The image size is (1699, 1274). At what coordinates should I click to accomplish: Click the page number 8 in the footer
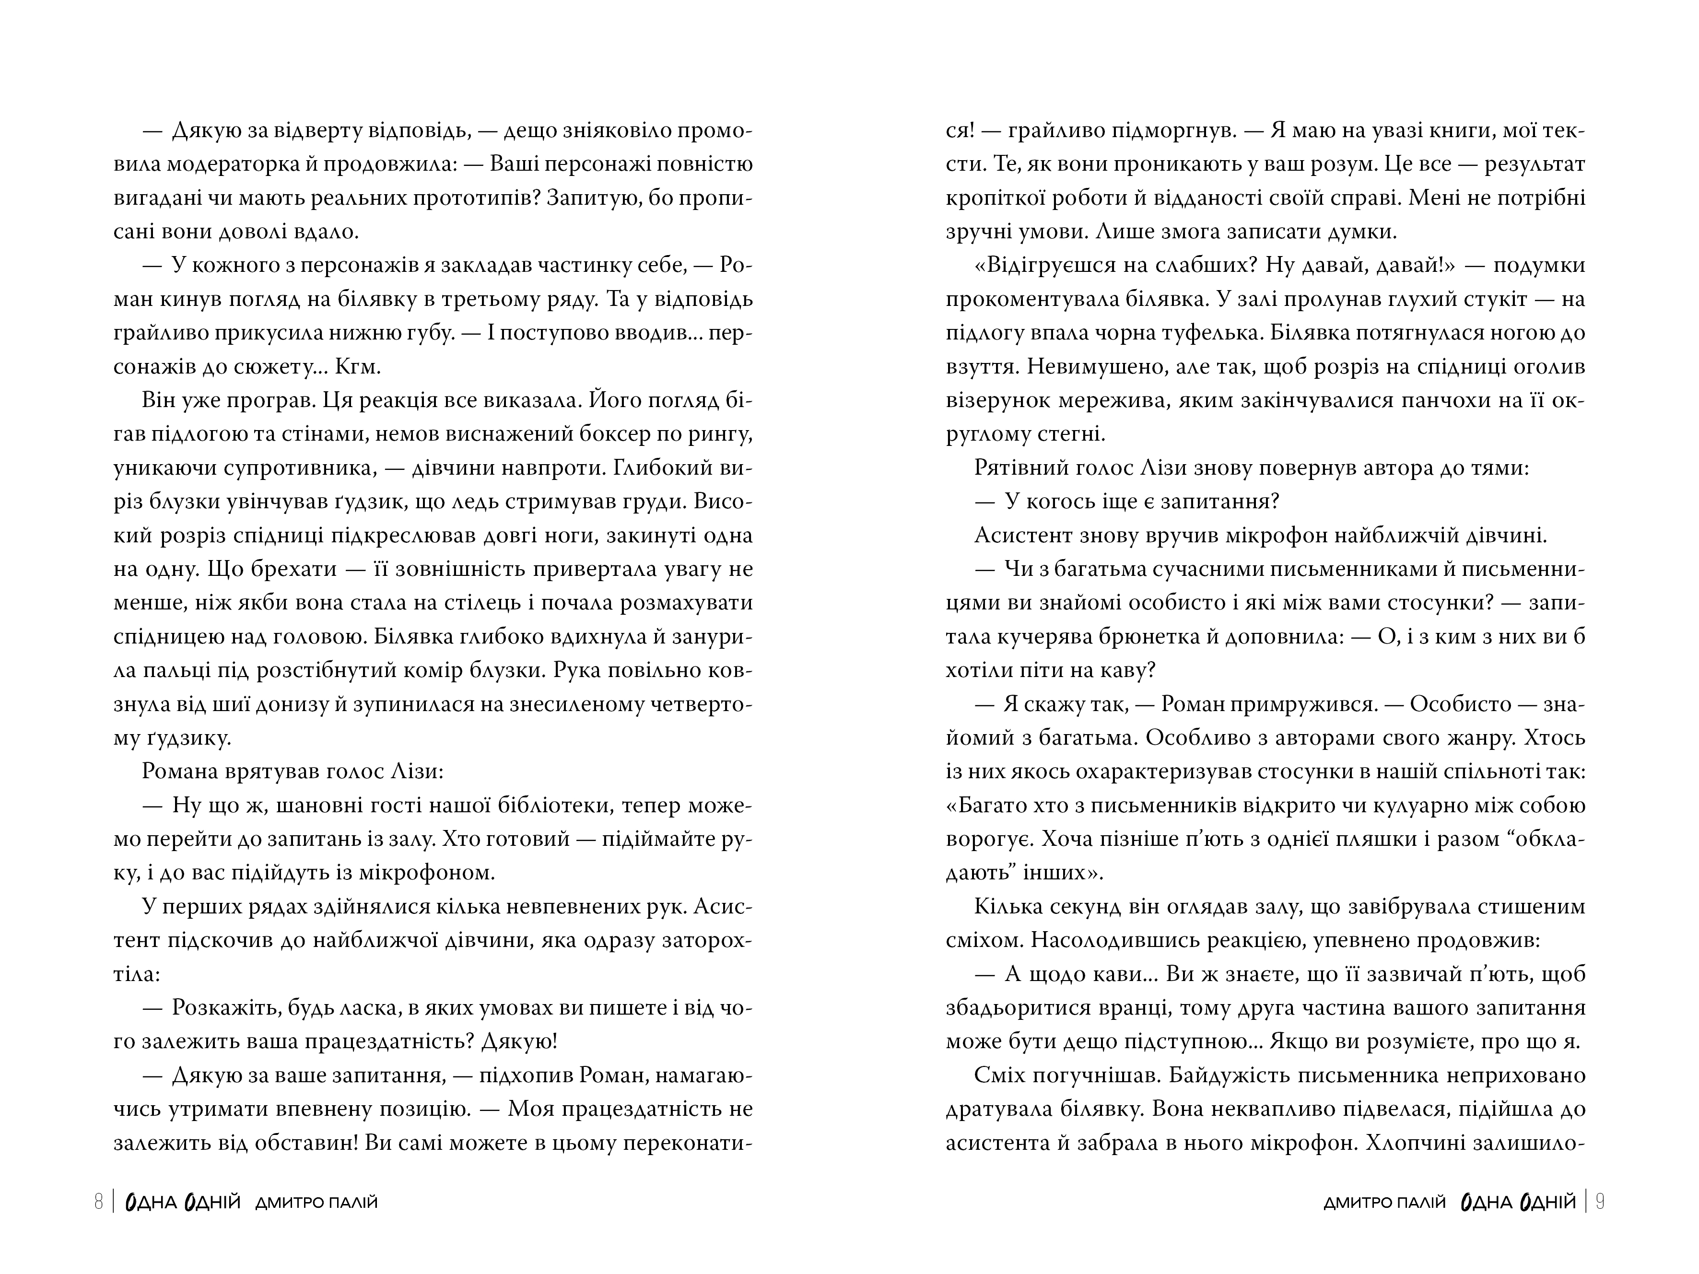[98, 1202]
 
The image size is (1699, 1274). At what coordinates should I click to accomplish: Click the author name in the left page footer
[316, 1203]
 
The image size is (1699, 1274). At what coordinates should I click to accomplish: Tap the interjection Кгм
[358, 367]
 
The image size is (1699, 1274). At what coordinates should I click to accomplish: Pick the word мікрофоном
[435, 873]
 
